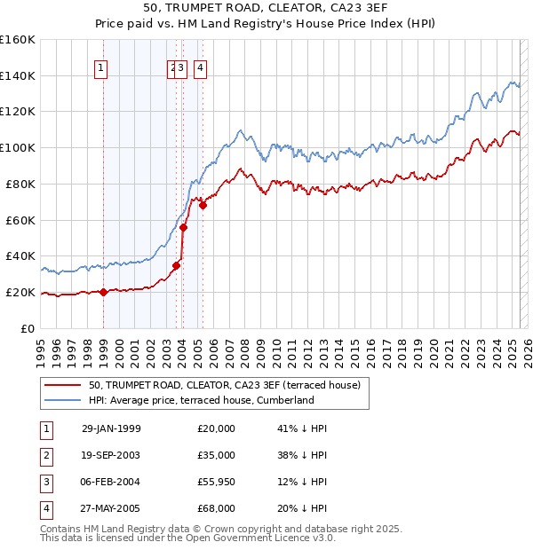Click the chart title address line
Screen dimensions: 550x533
pyautogui.click(x=266, y=10)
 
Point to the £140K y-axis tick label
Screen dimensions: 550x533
pyautogui.click(x=18, y=75)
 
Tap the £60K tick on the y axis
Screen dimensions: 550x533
pyautogui.click(x=20, y=220)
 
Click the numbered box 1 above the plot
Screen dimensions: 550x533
pyautogui.click(x=101, y=67)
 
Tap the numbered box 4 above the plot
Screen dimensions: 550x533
pyautogui.click(x=201, y=67)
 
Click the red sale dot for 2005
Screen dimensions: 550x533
pyautogui.click(x=203, y=205)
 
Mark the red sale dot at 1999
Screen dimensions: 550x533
pyautogui.click(x=103, y=292)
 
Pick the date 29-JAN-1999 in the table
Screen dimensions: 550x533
pyautogui.click(x=111, y=428)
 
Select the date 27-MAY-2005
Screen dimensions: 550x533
pyautogui.click(x=111, y=508)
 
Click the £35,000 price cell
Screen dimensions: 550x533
pyautogui.click(x=216, y=455)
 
